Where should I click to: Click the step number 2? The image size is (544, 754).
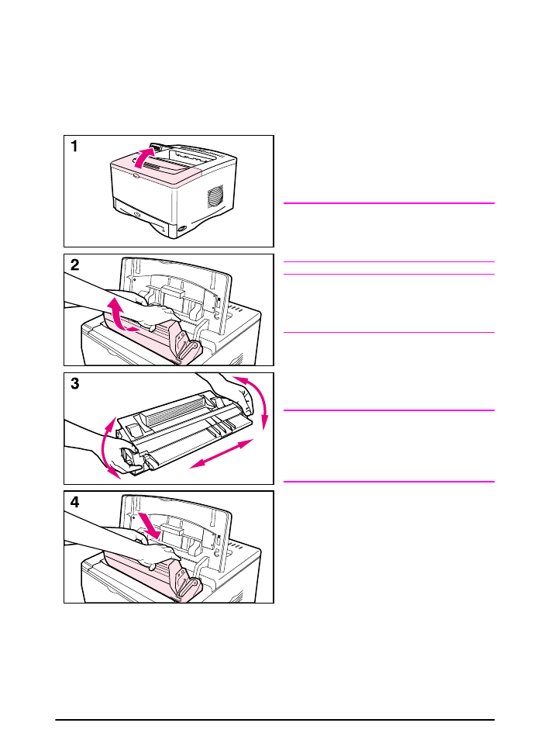[x=75, y=265]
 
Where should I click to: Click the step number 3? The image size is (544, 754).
[x=75, y=384]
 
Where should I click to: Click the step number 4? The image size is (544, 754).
[x=75, y=502]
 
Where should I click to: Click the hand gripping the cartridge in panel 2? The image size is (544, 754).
[x=155, y=314]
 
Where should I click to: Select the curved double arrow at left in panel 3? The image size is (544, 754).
[x=108, y=451]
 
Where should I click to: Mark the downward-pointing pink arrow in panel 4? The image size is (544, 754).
[x=150, y=527]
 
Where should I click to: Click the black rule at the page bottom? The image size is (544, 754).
[x=275, y=720]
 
